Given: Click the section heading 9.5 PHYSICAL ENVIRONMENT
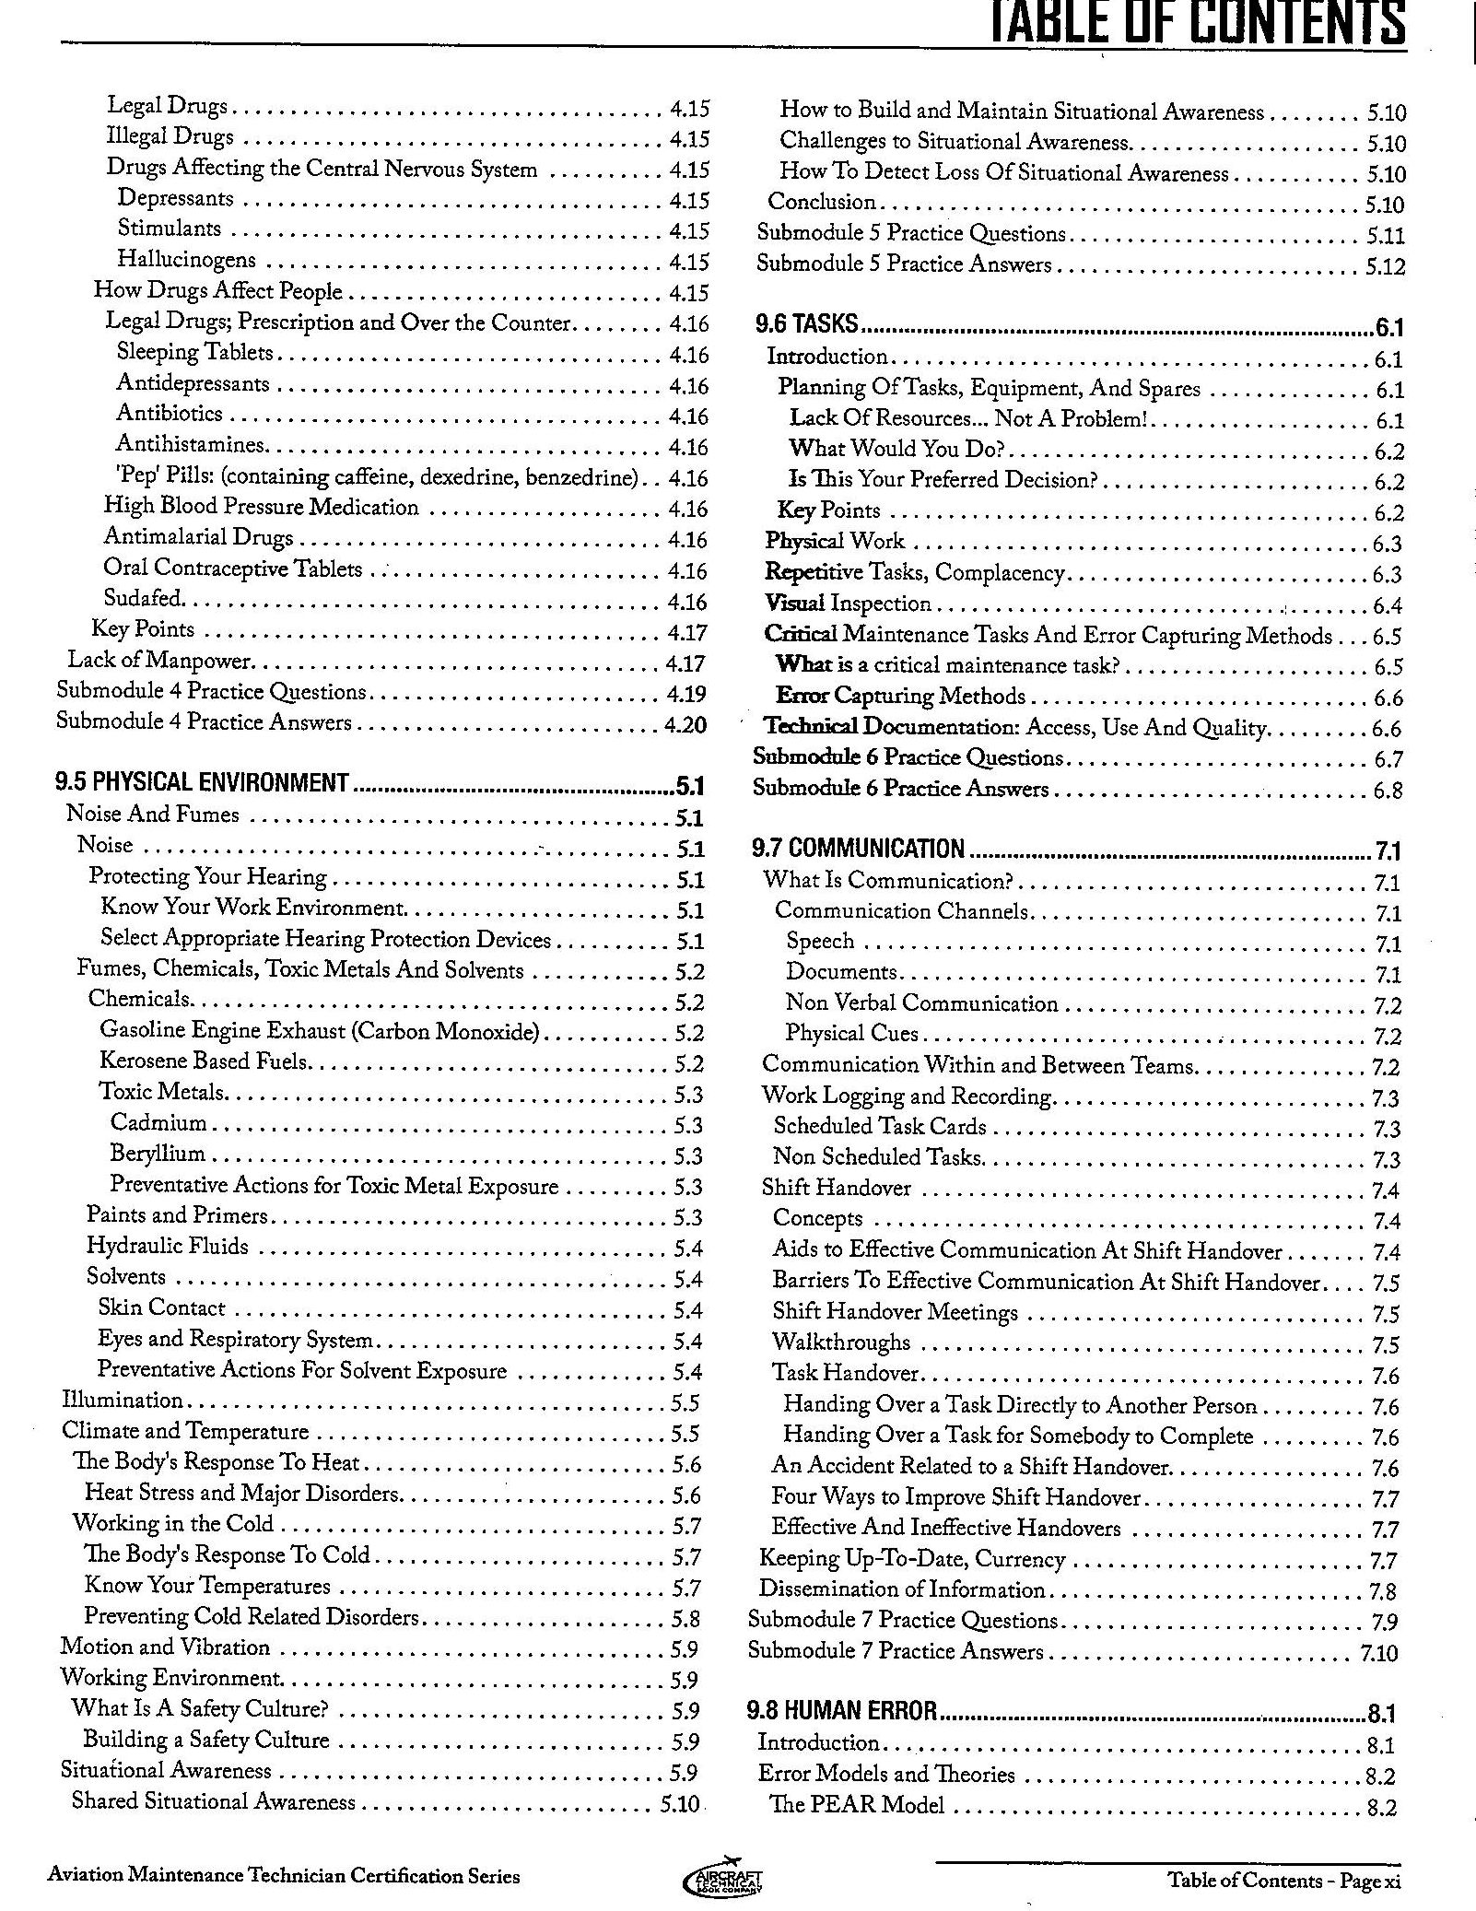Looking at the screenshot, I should click(202, 783).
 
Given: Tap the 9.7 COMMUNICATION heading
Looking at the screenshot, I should click(858, 849).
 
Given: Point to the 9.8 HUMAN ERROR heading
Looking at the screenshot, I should click(841, 1712).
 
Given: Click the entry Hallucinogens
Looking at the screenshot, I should click(186, 260).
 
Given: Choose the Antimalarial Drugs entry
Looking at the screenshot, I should click(198, 537).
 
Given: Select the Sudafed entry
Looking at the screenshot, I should click(144, 599).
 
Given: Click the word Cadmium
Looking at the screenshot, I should click(158, 1122).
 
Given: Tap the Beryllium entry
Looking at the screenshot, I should click(158, 1154).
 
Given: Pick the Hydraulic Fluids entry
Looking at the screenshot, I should click(167, 1247).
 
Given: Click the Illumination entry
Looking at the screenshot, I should click(123, 1401).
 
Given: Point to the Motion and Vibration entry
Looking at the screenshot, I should click(165, 1647).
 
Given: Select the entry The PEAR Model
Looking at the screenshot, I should click(857, 1805).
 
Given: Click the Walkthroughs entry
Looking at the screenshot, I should click(840, 1342).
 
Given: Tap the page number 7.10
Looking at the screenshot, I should click(1377, 1653).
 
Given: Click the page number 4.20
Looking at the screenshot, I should click(685, 725).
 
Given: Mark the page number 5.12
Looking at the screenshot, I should click(1385, 267).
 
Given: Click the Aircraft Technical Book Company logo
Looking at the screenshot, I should click(723, 1876).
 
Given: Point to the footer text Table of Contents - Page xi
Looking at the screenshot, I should click(1283, 1881).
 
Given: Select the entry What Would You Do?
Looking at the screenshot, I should click(896, 449).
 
